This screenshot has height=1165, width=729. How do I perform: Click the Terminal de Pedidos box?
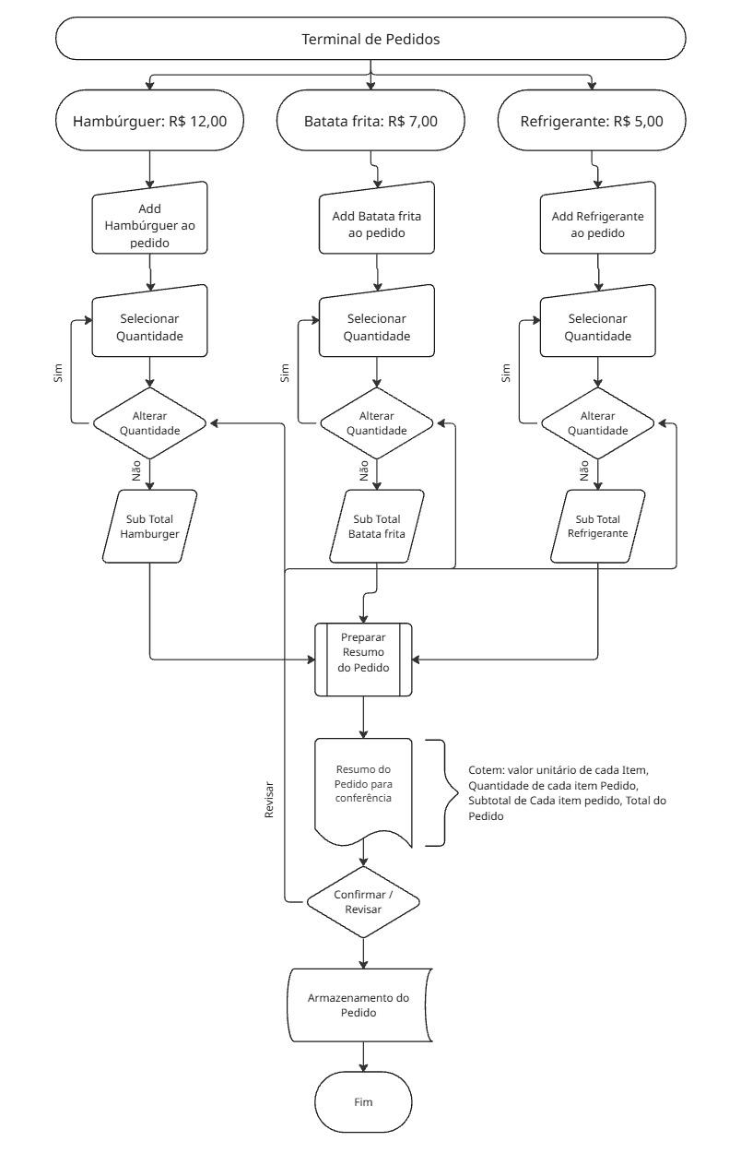click(x=370, y=40)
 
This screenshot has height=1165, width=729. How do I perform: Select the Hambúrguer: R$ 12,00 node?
click(x=149, y=121)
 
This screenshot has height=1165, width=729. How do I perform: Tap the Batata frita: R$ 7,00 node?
click(x=370, y=121)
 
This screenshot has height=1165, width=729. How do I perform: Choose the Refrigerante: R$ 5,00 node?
click(x=591, y=121)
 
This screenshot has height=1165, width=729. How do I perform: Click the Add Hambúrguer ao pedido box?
click(x=149, y=220)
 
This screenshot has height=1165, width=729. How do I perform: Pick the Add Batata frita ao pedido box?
click(x=376, y=225)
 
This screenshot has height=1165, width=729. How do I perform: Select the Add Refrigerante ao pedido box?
click(x=597, y=225)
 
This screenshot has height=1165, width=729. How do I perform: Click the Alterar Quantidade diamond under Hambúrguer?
click(x=149, y=422)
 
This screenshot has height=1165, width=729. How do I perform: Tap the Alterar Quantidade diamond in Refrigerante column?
click(x=597, y=422)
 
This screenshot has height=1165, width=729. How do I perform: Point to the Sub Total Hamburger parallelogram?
click(x=149, y=526)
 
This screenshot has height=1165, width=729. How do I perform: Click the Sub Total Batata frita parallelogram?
click(x=376, y=526)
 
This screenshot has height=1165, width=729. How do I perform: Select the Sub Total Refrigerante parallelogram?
click(x=597, y=526)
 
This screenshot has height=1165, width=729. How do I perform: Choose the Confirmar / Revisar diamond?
click(x=364, y=901)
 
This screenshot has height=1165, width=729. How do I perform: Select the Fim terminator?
click(x=364, y=1102)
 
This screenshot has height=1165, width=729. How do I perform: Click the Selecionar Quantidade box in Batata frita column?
click(x=376, y=327)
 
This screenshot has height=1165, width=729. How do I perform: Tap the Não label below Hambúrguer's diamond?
click(x=136, y=472)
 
